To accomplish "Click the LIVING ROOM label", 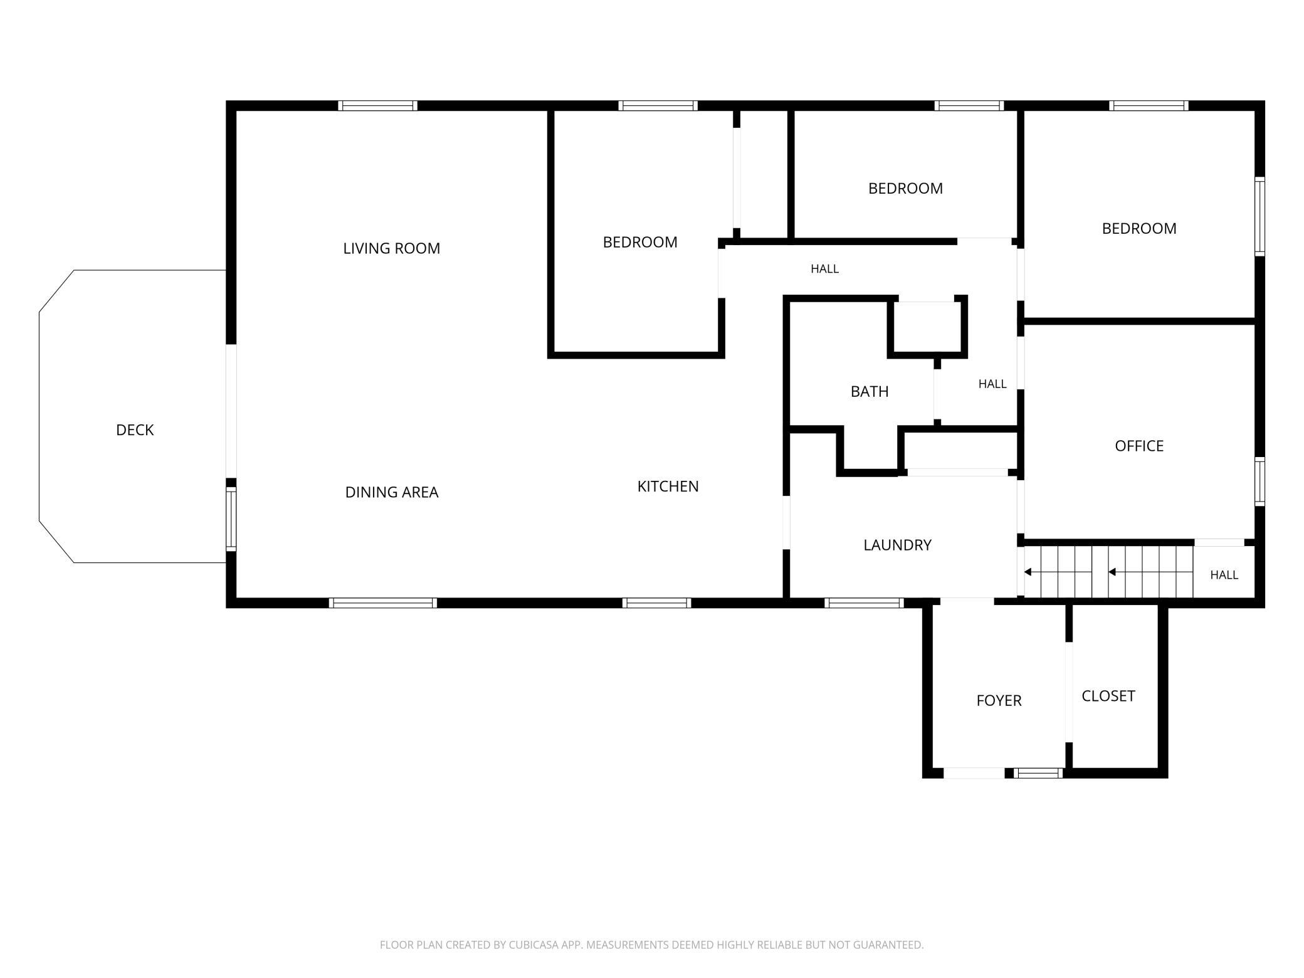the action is [391, 248].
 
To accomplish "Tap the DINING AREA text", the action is [392, 492].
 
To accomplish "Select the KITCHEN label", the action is [668, 486].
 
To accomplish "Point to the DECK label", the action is [135, 430].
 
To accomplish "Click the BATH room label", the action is [870, 392].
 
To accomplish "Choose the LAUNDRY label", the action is [897, 545].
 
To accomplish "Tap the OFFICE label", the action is [1139, 446].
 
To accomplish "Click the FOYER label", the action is [999, 701].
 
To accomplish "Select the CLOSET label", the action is [1108, 696].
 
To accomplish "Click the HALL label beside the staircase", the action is [1224, 575].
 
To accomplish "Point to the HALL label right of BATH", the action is [992, 384].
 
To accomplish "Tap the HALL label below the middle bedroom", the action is [824, 269].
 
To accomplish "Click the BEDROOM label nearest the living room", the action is [640, 243].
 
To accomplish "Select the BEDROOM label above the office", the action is [1139, 229].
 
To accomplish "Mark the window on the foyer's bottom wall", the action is [1038, 773].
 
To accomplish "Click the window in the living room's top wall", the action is [377, 106].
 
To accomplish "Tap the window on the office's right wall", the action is [1259, 481].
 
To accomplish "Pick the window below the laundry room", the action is [864, 603].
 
